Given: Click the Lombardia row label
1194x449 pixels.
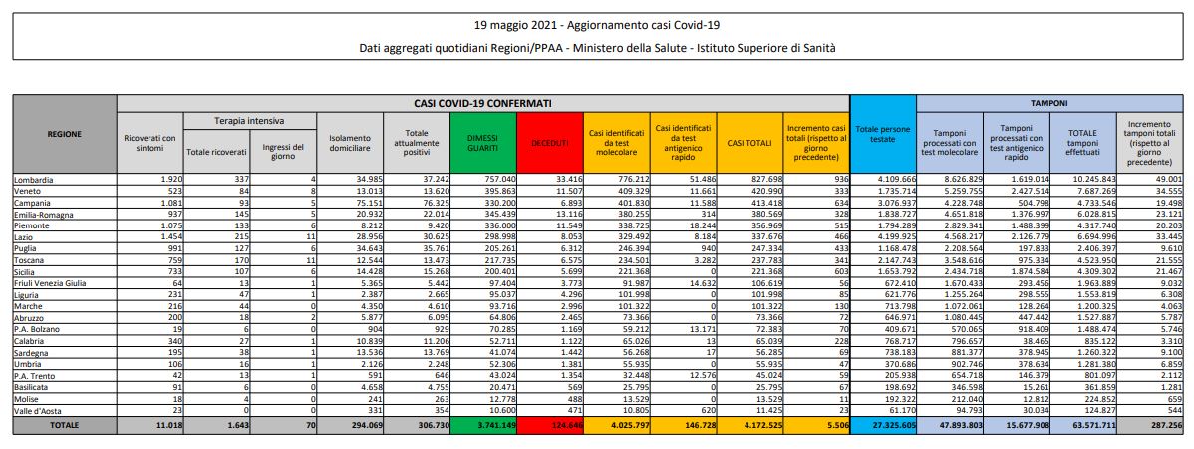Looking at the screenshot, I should (x=36, y=179).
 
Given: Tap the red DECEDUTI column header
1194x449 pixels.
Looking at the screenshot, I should (x=547, y=143).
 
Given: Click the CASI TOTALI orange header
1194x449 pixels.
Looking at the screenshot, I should (x=749, y=143).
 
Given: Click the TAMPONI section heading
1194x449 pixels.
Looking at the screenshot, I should (x=1049, y=102).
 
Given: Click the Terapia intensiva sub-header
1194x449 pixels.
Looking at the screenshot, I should (x=246, y=120).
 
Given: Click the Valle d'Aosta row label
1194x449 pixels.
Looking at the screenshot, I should (x=40, y=410).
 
